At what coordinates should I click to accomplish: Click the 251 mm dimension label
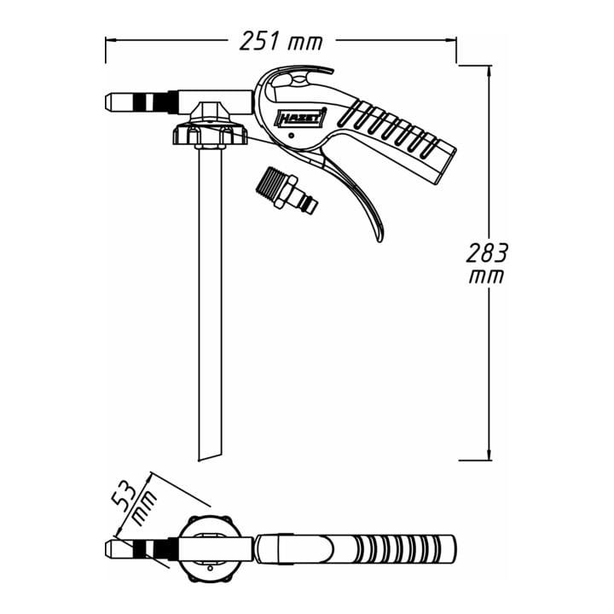281,41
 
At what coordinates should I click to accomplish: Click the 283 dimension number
487,253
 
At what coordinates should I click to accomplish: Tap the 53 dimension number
125,497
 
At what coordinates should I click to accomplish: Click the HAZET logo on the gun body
302,117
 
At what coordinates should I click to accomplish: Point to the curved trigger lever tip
379,240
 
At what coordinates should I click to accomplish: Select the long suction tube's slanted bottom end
210,456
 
